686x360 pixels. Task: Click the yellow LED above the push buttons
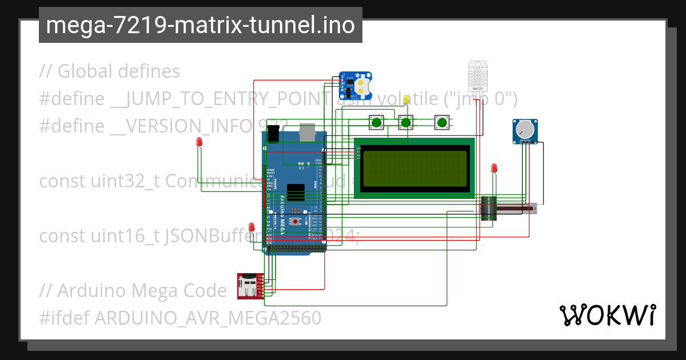tap(406, 100)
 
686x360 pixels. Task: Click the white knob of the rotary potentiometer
tap(524, 131)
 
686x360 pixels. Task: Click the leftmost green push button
tap(376, 122)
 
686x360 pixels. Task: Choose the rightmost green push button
tap(441, 122)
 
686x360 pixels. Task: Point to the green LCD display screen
tap(414, 168)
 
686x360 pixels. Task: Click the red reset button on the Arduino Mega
tap(295, 222)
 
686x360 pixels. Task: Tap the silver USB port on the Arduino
tap(308, 132)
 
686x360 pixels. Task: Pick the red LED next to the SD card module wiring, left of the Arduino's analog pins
tap(251, 227)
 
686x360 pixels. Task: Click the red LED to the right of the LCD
tap(494, 169)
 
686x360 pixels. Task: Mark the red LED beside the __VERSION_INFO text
tap(199, 141)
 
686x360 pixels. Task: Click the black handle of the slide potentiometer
tap(488, 209)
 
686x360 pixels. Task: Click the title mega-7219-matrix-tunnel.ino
tap(200, 25)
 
